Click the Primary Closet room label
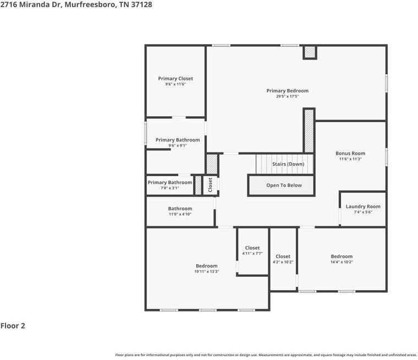point(175,79)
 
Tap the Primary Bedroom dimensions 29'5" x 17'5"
point(287,96)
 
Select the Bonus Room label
point(350,153)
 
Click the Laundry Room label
point(363,206)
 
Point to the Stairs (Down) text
point(288,164)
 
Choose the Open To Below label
point(284,185)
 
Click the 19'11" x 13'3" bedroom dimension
point(207,271)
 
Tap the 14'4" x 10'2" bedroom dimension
point(342,262)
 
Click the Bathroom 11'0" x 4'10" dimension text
point(180,214)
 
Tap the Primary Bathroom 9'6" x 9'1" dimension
point(178,146)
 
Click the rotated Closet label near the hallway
point(210,184)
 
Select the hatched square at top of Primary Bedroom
point(310,52)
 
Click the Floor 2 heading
point(13,325)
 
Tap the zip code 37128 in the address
point(141,4)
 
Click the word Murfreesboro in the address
point(90,4)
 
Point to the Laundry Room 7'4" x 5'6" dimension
point(363,212)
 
